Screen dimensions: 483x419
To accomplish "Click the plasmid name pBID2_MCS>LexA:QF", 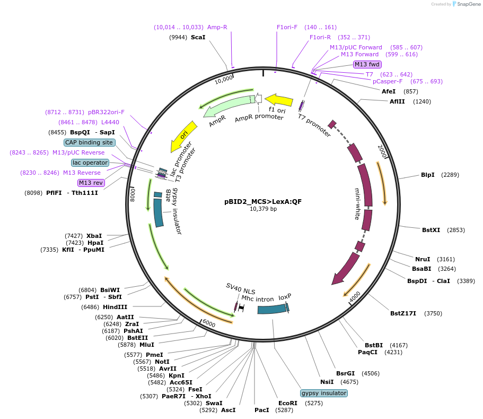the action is (263, 202).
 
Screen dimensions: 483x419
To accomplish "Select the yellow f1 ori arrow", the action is (279, 100).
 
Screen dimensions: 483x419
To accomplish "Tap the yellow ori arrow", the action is (183, 136).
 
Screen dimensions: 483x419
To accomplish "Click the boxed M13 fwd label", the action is (367, 64).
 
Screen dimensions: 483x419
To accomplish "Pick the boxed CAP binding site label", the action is (89, 142).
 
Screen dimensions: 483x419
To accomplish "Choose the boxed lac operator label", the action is (90, 163).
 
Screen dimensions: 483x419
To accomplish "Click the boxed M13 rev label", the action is (91, 183).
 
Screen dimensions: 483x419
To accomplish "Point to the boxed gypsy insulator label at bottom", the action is (324, 393).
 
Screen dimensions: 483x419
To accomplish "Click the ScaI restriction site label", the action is (198, 37).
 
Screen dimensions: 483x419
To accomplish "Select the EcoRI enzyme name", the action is (288, 403).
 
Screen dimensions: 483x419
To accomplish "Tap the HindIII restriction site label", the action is (115, 307).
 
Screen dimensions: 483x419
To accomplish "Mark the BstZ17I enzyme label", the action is (403, 313).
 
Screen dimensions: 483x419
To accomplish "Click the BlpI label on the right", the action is (427, 175).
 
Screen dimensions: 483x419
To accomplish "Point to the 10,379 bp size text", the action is (263, 209).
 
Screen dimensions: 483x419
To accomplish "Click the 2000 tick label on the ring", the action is (382, 151).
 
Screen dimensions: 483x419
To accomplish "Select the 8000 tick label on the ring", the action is (133, 195).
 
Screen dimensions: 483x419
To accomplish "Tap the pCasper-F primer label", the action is (388, 81).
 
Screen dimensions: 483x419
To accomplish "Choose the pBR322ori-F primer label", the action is (106, 112).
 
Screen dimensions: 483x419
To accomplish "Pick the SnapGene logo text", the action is (469, 4).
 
